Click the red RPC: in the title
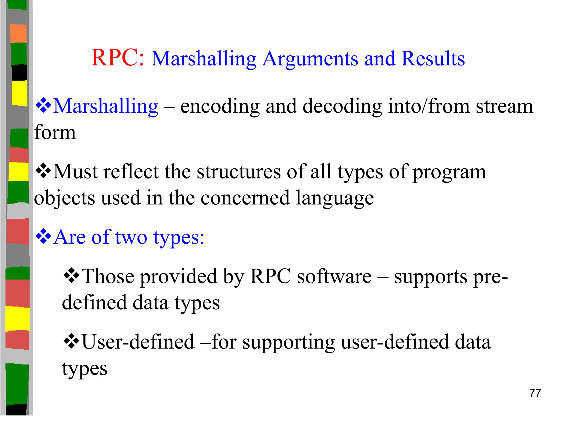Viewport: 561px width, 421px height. pyautogui.click(x=118, y=58)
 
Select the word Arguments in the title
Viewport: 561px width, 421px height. pyautogui.click(x=310, y=59)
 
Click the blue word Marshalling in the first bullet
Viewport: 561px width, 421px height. pyautogui.click(x=106, y=106)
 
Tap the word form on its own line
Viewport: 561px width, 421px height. pyautogui.click(x=55, y=132)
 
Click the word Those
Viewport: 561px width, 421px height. pyautogui.click(x=108, y=276)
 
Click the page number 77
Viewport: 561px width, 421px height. pyautogui.click(x=535, y=393)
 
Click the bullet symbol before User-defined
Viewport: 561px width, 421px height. pyautogui.click(x=71, y=341)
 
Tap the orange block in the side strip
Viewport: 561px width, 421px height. pyautogui.click(x=18, y=33)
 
